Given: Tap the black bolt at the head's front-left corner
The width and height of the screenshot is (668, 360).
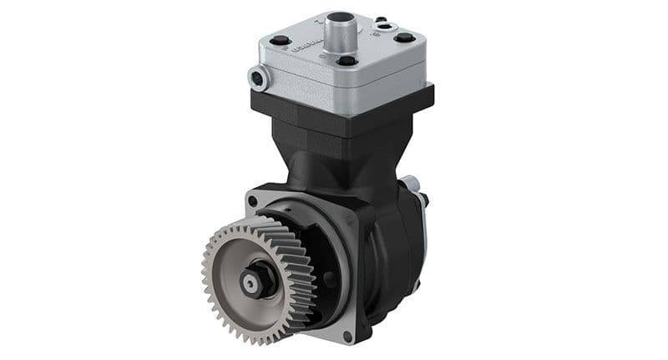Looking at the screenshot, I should (x=281, y=40).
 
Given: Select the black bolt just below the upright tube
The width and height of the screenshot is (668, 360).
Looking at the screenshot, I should (x=348, y=61).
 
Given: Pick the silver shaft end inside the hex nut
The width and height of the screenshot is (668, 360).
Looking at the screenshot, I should (x=250, y=283).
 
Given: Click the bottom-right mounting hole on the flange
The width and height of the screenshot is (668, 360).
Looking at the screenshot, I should (x=347, y=335).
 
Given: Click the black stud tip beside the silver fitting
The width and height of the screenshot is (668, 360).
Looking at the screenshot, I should (x=425, y=200).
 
